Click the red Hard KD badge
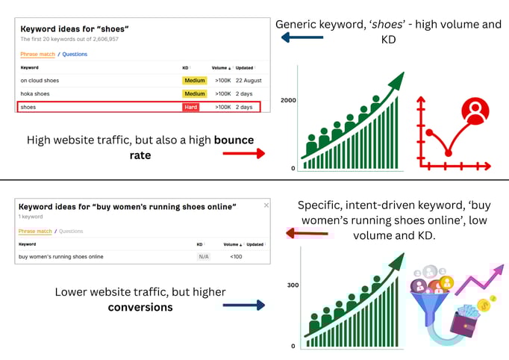[192, 107]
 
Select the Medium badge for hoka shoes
[194, 93]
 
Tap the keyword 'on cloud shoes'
[40, 80]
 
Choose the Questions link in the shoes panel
[75, 55]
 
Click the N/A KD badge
[203, 256]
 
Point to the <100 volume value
[236, 256]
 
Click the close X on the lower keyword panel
[266, 205]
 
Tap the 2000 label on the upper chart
[288, 100]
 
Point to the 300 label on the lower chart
[293, 285]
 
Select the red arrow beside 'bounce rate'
[243, 153]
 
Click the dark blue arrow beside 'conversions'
[243, 305]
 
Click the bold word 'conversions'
[140, 306]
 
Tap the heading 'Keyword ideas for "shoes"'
[75, 29]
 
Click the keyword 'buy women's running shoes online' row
[61, 256]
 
